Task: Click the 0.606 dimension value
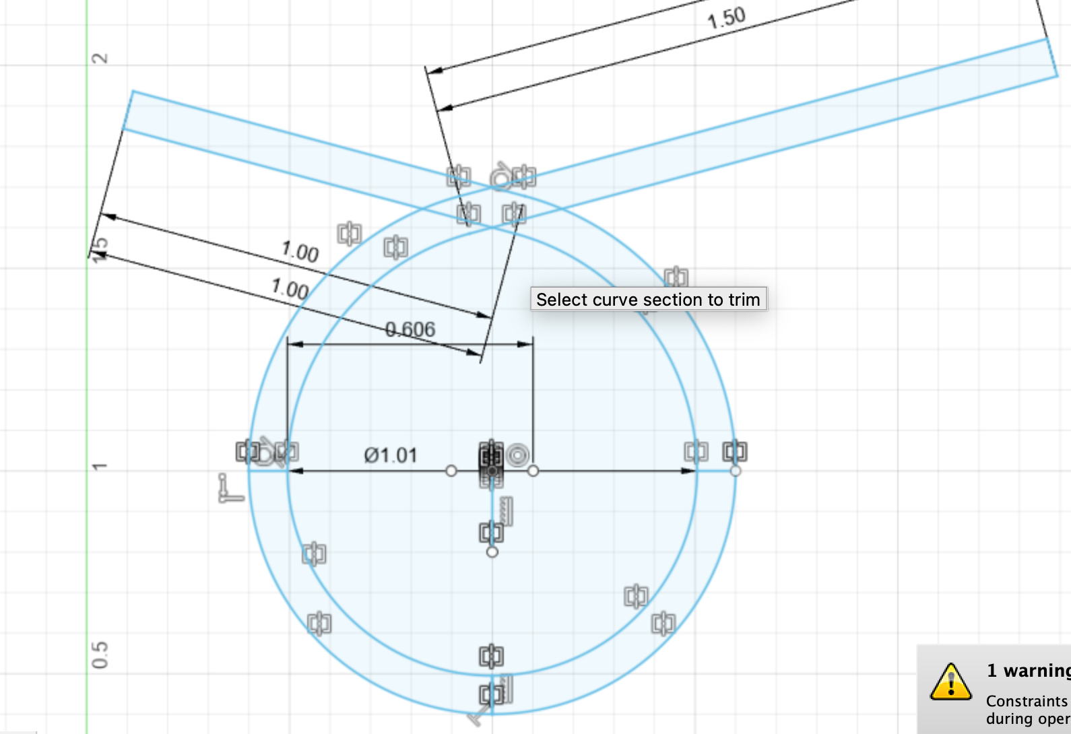410,329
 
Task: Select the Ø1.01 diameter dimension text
391,456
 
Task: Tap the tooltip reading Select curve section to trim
648,299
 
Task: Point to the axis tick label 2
100,59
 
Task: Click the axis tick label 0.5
100,655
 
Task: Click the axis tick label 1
100,467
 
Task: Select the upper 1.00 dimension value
300,253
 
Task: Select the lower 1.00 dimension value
290,289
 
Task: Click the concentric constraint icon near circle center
517,455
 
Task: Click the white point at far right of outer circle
736,471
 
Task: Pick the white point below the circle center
492,552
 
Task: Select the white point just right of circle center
533,471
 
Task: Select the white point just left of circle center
451,471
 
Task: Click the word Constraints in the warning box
1027,701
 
